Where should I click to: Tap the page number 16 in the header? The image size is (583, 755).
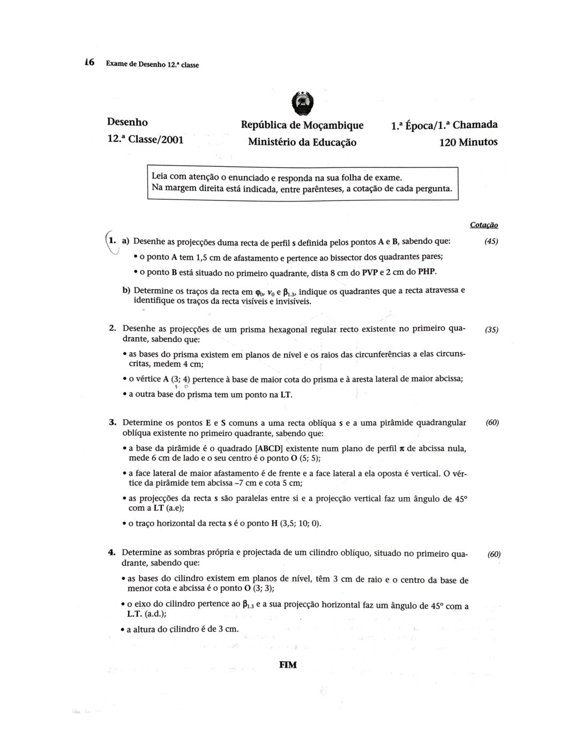click(x=89, y=63)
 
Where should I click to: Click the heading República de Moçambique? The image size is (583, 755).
click(x=302, y=125)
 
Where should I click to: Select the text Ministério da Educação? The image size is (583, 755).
click(x=302, y=142)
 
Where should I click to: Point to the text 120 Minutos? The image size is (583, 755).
click(x=468, y=142)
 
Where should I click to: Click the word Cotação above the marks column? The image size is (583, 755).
click(x=484, y=225)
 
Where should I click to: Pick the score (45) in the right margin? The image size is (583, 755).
click(x=491, y=241)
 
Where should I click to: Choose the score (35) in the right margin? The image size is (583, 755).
click(x=491, y=330)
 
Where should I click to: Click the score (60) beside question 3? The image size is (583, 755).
click(x=492, y=423)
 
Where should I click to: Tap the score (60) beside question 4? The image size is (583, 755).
click(x=494, y=554)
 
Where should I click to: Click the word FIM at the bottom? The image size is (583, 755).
click(x=288, y=665)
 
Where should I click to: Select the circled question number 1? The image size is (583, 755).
click(x=112, y=241)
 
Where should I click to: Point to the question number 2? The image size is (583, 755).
click(x=113, y=328)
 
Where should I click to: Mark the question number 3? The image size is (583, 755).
click(x=113, y=423)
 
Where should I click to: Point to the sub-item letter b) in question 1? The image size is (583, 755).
click(x=126, y=290)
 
